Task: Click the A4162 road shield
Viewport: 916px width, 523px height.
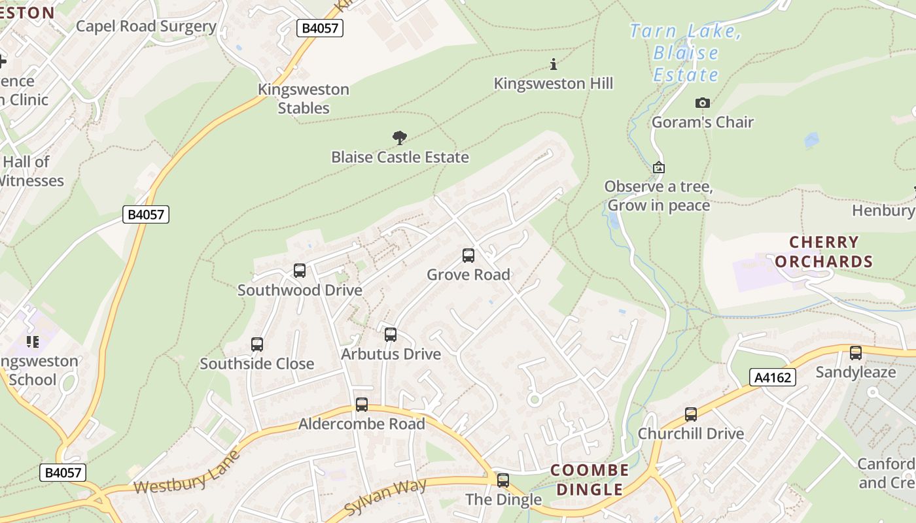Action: pyautogui.click(x=772, y=377)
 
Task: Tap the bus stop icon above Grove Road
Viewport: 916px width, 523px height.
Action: pyautogui.click(x=468, y=256)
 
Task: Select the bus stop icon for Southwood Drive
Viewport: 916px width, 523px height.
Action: pyautogui.click(x=300, y=271)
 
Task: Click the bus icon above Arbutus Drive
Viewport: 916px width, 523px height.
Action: pyautogui.click(x=391, y=335)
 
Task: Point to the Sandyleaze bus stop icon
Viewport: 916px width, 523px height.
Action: pyautogui.click(x=856, y=353)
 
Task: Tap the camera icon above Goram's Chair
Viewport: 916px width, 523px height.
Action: pyautogui.click(x=703, y=103)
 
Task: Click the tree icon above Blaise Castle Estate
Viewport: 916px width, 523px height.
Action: pyautogui.click(x=400, y=138)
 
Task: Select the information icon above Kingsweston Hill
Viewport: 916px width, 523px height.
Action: pyautogui.click(x=554, y=64)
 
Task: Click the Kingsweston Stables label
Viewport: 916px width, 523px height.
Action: pyautogui.click(x=304, y=99)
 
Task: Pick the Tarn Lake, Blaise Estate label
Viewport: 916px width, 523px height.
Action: pyautogui.click(x=686, y=53)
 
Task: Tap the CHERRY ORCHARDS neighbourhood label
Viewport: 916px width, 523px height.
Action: pyautogui.click(x=824, y=252)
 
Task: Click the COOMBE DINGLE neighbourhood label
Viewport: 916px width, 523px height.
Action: pyautogui.click(x=590, y=480)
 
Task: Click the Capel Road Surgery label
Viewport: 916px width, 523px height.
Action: pyautogui.click(x=146, y=26)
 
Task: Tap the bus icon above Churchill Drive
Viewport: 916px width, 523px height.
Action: pyautogui.click(x=691, y=414)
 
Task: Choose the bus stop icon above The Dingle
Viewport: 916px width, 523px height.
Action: pyautogui.click(x=503, y=481)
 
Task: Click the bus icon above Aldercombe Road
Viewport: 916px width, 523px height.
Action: pyautogui.click(x=362, y=405)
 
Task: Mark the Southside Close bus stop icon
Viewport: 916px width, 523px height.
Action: pyautogui.click(x=257, y=345)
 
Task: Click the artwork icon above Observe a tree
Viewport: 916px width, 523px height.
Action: pyautogui.click(x=659, y=168)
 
